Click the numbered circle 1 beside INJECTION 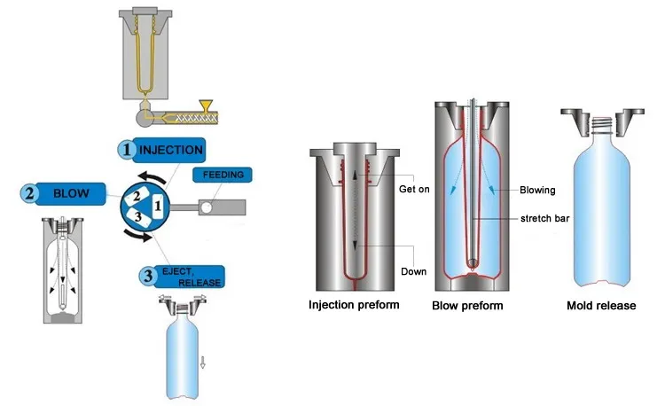(x=126, y=150)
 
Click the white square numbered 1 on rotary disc (x=157, y=206)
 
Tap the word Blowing (x=537, y=190)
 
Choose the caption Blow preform (x=467, y=306)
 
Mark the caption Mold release (x=601, y=306)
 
